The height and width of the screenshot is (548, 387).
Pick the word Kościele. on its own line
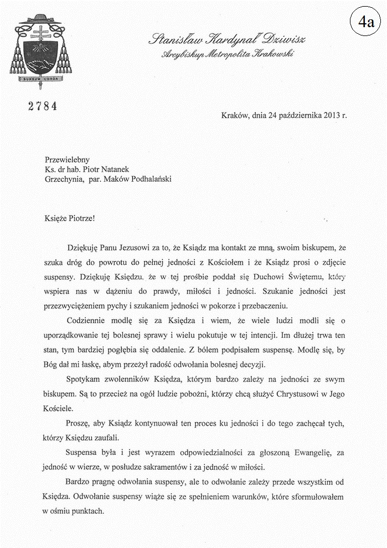[57, 410]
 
